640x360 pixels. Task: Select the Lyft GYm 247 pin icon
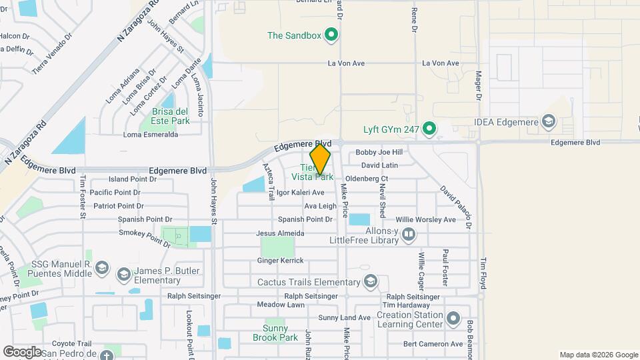click(429, 129)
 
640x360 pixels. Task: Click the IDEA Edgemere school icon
click(548, 121)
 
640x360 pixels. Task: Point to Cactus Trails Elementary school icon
click(371, 281)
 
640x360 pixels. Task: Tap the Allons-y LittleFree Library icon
click(409, 233)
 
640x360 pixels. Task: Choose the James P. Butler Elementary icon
click(123, 274)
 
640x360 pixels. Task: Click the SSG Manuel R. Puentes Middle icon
click(101, 268)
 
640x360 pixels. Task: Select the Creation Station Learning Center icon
click(453, 319)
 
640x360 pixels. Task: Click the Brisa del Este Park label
click(171, 116)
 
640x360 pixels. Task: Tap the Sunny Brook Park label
click(275, 333)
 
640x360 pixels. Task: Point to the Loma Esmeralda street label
click(151, 134)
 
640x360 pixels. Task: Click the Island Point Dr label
click(132, 179)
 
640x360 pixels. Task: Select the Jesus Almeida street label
click(280, 233)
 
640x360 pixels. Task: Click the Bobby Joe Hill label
click(379, 152)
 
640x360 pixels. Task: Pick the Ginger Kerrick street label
click(280, 261)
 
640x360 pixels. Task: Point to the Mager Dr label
click(479, 86)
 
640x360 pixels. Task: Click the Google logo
click(23, 351)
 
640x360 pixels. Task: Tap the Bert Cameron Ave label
click(433, 344)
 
